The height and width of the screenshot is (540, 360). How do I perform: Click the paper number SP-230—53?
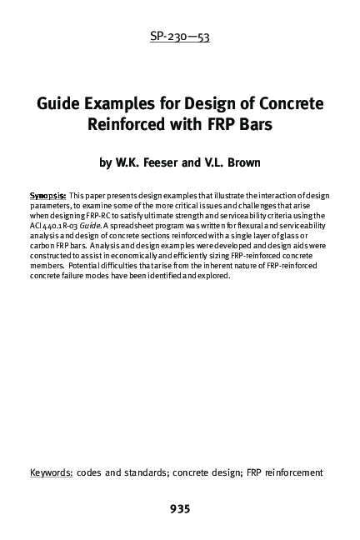tap(179, 37)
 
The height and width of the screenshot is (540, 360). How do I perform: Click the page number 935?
tap(180, 508)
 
